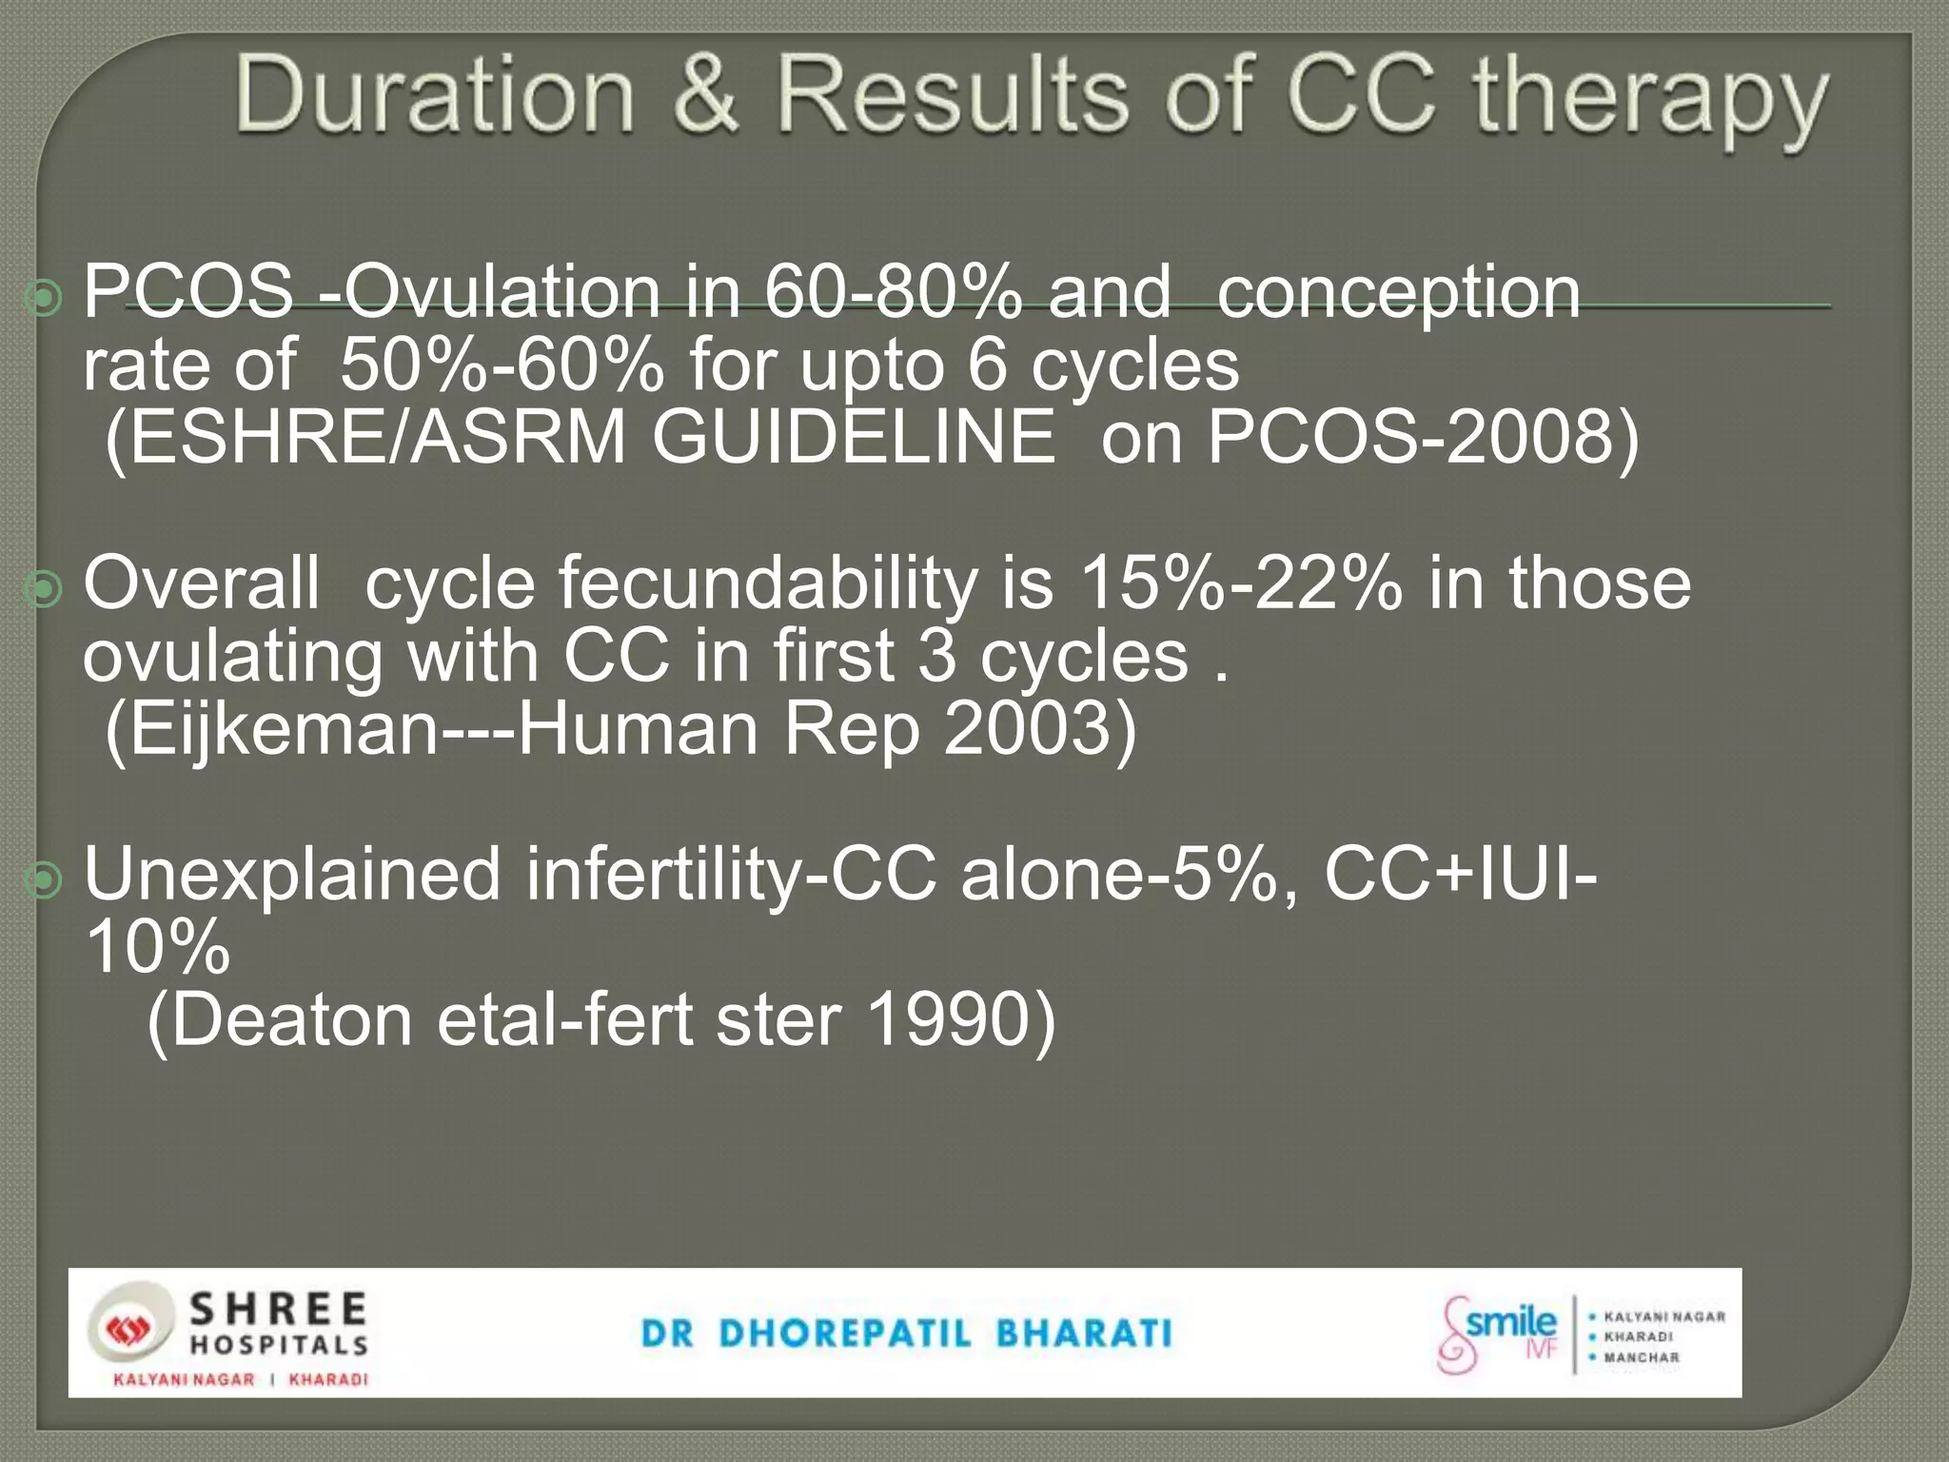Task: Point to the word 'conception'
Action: click(x=1398, y=293)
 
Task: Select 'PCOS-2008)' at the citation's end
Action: click(x=1423, y=438)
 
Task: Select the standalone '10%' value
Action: click(x=157, y=947)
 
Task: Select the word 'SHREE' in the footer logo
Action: click(x=279, y=1310)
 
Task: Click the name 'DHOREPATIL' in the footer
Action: click(x=845, y=1334)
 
